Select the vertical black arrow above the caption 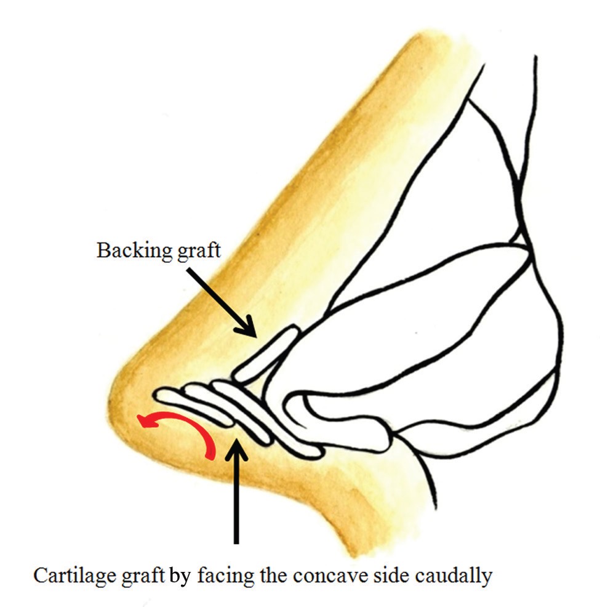236,492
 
